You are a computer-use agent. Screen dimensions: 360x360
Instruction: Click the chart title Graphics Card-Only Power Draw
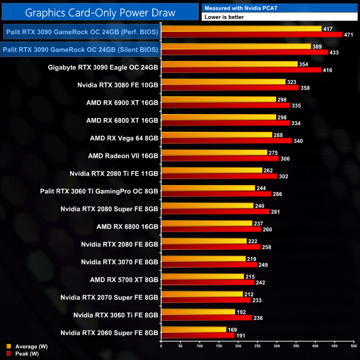tap(100, 11)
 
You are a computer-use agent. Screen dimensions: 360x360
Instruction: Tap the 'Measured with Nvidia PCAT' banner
tap(279, 7)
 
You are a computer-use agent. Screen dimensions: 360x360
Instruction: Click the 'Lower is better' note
tap(279, 17)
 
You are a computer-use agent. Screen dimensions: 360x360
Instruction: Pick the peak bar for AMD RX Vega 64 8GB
tap(227, 141)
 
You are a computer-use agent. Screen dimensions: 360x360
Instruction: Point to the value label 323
tap(291, 81)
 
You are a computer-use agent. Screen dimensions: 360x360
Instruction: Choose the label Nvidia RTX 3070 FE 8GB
tap(120, 261)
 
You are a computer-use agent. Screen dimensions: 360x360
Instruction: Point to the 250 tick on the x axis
tap(257, 347)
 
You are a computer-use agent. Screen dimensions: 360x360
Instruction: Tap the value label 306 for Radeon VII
tap(285, 158)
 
